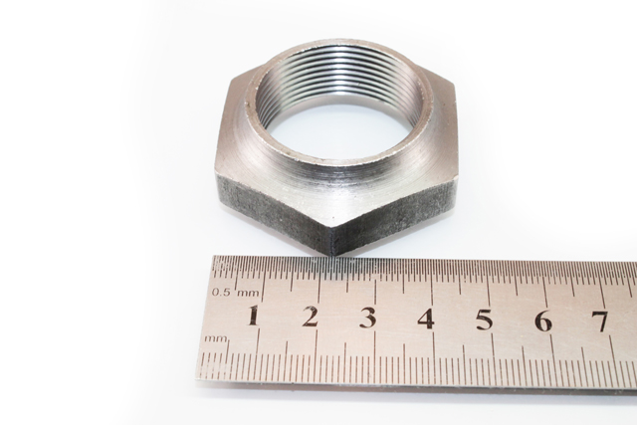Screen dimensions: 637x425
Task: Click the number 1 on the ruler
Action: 253,316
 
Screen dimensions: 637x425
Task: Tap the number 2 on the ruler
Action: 310,317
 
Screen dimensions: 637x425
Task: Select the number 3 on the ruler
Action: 368,319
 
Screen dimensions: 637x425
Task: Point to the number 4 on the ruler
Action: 426,319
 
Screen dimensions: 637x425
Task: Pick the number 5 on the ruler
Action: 485,319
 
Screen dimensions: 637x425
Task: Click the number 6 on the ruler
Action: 543,320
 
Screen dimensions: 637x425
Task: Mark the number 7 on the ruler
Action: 600,321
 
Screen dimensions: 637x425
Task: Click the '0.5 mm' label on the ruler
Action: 235,293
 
